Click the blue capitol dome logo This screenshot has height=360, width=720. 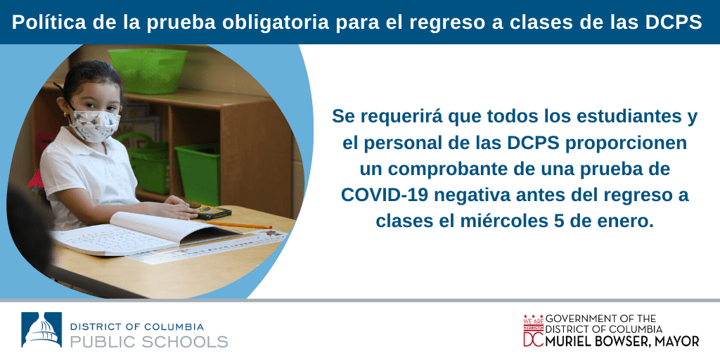41,329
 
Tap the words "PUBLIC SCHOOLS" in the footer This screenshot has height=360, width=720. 149,342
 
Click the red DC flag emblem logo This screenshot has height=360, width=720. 533,330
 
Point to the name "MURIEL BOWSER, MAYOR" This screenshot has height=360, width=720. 622,341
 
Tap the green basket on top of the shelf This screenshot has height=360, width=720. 148,70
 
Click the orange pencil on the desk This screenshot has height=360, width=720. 239,225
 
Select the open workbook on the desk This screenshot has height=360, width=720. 146,233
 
